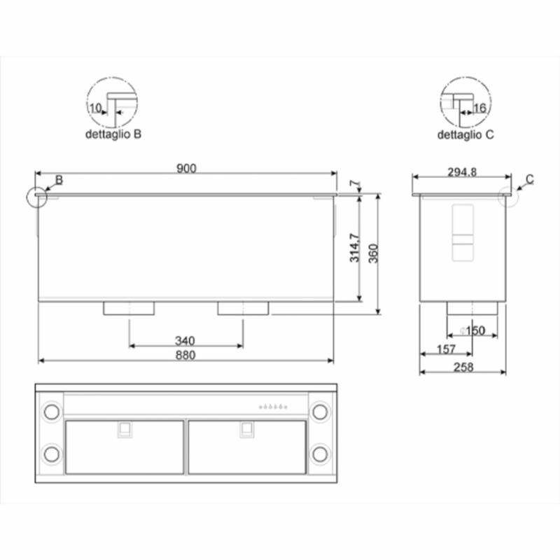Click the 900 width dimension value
point(186,168)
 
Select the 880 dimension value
point(185,355)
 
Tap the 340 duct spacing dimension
point(185,341)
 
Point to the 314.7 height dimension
point(355,248)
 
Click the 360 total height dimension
point(373,253)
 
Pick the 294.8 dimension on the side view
point(462,172)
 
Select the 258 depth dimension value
point(463,367)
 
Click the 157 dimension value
point(447,349)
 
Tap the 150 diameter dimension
point(472,330)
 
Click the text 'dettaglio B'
point(113,134)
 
